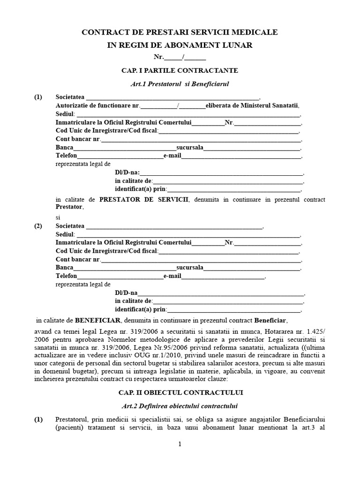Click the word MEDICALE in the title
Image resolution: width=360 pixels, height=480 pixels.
pyautogui.click(x=255, y=32)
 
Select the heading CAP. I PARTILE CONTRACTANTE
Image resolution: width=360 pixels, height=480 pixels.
pyautogui.click(x=180, y=70)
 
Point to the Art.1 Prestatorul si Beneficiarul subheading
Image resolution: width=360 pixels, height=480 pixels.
pyautogui.click(x=180, y=84)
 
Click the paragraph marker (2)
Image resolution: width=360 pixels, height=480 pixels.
pyautogui.click(x=38, y=226)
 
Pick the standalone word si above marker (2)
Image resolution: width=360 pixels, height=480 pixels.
pyautogui.click(x=58, y=217)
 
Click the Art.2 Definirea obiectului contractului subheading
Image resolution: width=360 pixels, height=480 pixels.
pyautogui.click(x=180, y=405)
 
